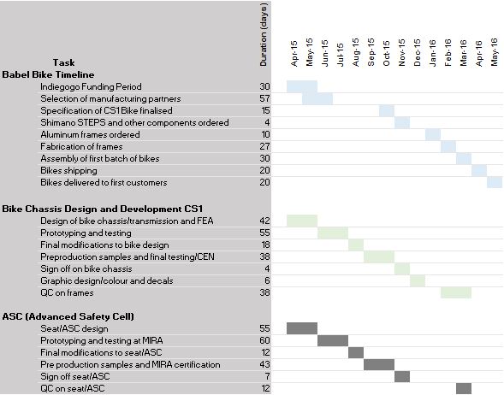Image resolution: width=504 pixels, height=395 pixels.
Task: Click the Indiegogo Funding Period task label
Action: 91,86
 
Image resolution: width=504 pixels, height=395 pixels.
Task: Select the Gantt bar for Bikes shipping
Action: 479,170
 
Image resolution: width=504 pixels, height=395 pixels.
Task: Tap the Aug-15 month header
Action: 355,52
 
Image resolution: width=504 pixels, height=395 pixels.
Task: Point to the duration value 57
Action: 265,98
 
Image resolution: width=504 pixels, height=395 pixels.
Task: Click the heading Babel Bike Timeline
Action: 48,75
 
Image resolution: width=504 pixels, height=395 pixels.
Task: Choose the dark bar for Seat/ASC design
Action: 302,328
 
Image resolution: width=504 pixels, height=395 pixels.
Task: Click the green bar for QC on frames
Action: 456,292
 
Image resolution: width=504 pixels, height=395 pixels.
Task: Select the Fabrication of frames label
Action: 81,147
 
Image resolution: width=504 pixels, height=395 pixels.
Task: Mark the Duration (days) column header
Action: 264,35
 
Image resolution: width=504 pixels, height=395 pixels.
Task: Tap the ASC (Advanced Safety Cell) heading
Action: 68,316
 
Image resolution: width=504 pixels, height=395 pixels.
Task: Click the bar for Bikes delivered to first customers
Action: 495,182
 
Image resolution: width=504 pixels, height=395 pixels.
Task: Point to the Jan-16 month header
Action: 433,53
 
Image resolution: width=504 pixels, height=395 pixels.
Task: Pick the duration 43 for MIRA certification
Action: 265,364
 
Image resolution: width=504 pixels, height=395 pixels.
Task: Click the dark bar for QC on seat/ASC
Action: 464,388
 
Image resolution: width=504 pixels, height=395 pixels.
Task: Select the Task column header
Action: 63,62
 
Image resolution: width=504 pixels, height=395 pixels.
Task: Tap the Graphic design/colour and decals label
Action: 107,281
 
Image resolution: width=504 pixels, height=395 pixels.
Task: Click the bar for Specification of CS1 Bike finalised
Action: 387,111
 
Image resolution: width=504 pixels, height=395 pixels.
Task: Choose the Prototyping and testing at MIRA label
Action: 102,341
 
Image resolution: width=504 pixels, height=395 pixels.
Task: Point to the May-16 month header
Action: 495,52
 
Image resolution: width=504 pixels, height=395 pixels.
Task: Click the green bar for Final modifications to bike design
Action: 356,245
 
